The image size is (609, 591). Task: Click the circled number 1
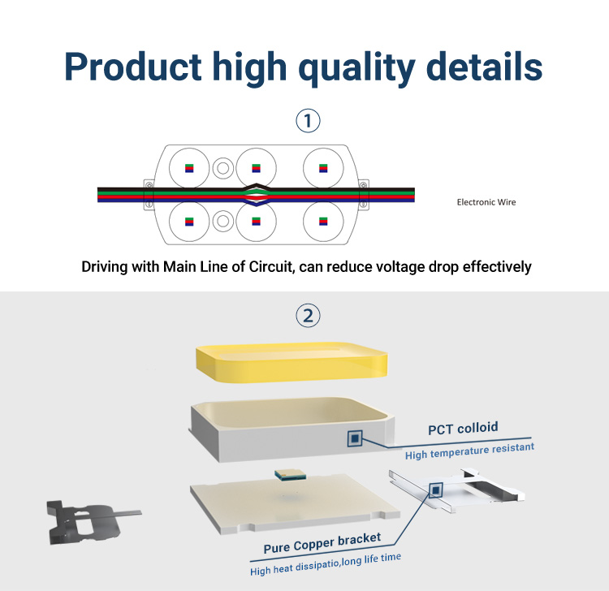coord(308,120)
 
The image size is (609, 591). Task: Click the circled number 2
coord(308,315)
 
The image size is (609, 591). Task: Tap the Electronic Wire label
coord(486,202)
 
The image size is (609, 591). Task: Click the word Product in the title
coord(133,67)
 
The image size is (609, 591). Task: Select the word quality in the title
coord(357,68)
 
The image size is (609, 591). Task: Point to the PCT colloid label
coord(463,429)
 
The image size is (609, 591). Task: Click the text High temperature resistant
coord(469,451)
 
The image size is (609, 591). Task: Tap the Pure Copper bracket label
coord(322,543)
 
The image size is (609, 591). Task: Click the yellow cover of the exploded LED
coord(292,362)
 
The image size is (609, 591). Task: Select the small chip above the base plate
coord(290,475)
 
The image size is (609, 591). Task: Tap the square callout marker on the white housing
coord(355,438)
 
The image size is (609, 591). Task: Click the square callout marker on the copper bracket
coord(436,490)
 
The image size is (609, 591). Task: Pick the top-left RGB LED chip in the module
coord(189,168)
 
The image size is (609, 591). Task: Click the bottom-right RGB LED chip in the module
coord(323,222)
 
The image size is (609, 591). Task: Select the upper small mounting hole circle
coord(223,168)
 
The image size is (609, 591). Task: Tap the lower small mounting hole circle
coord(223,221)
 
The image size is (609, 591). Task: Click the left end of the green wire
coord(98,192)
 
